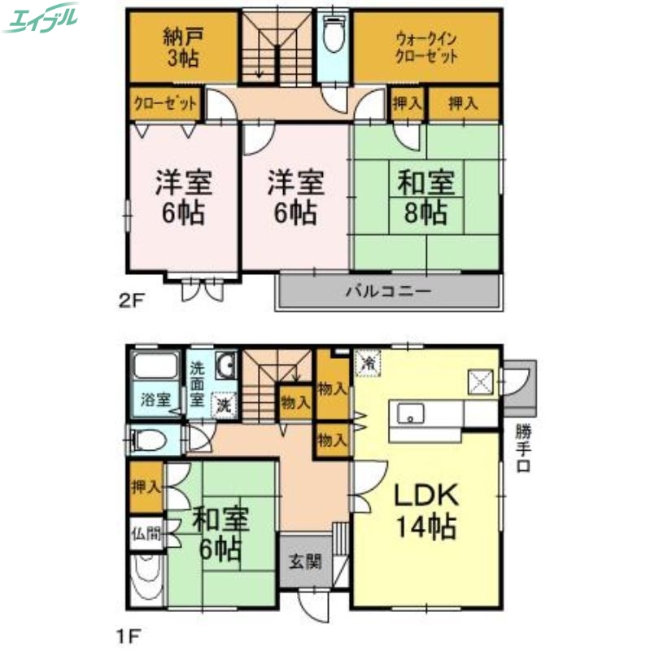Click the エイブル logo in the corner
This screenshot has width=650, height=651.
pos(41,18)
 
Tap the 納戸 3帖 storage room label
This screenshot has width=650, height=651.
pos(181,48)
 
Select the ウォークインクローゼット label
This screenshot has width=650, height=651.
pos(425,48)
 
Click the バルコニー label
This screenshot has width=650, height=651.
pos(387,291)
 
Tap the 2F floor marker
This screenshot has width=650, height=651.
pos(129,301)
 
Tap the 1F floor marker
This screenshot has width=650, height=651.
pos(129,631)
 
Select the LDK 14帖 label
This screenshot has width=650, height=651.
pos(426,510)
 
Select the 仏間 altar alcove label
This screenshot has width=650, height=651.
pos(146,535)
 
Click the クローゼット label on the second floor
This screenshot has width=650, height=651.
pos(165,104)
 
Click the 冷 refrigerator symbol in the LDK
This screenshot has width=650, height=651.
pos(369,362)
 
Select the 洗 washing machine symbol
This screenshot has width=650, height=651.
pos(222,402)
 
